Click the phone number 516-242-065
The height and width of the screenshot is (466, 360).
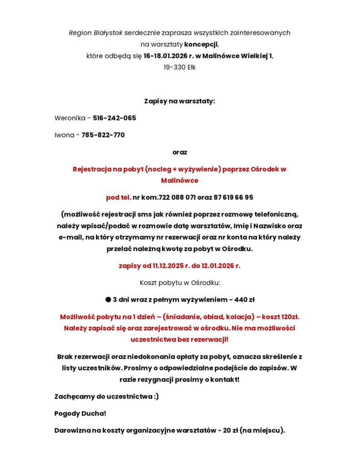coord(114,118)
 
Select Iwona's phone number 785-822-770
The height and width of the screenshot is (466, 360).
coord(103,135)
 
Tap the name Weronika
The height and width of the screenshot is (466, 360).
coord(70,118)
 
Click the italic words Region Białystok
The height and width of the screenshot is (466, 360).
coord(96,33)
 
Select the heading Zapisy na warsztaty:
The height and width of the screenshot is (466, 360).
coord(179,101)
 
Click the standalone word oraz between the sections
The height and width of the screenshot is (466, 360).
coord(179,152)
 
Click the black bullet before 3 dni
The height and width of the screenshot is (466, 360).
coord(108,299)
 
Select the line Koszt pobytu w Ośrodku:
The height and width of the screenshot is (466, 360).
coord(179,283)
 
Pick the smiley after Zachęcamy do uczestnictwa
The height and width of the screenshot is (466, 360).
coord(156,396)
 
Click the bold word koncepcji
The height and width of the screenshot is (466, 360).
coord(201,44)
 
